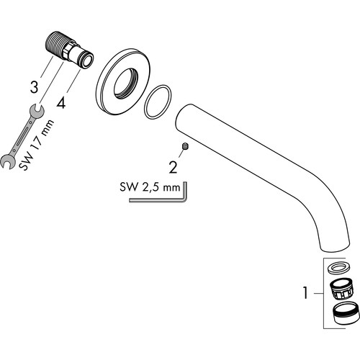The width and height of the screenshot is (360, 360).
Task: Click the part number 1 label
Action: (x=305, y=293)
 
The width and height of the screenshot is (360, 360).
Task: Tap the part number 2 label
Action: (x=173, y=167)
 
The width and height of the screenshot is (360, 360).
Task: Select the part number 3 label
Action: (x=34, y=87)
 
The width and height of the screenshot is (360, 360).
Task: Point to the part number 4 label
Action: (x=60, y=104)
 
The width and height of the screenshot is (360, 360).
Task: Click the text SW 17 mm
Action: (x=37, y=145)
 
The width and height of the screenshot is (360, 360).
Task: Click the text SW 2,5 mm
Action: (x=150, y=187)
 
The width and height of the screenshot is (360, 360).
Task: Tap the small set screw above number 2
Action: (x=186, y=146)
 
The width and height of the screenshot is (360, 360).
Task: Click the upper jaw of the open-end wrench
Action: (x=37, y=112)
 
